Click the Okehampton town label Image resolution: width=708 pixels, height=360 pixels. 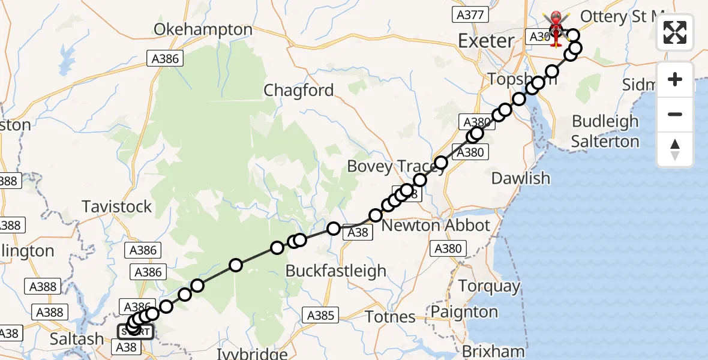click(x=203, y=29)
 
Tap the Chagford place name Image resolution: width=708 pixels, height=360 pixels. click(x=299, y=91)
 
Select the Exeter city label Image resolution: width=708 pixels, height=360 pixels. click(x=486, y=41)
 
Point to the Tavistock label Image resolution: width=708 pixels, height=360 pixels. click(x=117, y=207)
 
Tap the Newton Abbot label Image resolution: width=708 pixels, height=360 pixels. click(x=436, y=226)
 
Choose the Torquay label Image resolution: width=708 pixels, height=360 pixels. click(x=490, y=286)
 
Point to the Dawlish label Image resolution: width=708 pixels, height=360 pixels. click(x=520, y=178)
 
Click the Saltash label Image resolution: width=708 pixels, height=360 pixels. click(x=76, y=339)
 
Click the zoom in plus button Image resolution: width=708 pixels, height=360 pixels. click(x=675, y=79)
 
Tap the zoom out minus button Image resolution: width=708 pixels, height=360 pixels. click(x=675, y=114)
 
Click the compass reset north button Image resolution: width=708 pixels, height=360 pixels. click(x=675, y=149)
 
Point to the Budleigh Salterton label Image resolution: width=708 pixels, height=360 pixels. click(x=605, y=131)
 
